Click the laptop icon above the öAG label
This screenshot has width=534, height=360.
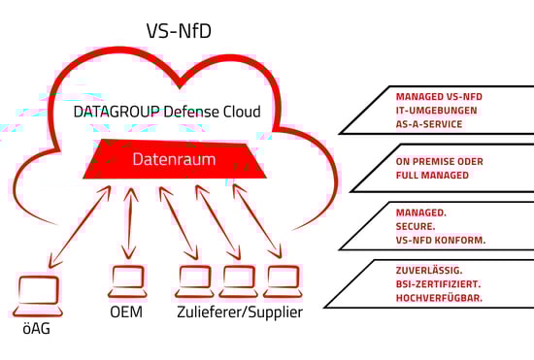point(39,295)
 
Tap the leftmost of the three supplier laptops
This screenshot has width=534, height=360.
point(193,281)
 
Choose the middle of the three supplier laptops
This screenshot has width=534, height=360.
point(238,281)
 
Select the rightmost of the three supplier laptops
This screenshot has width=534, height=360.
point(283,281)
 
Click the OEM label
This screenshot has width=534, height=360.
point(128,313)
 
